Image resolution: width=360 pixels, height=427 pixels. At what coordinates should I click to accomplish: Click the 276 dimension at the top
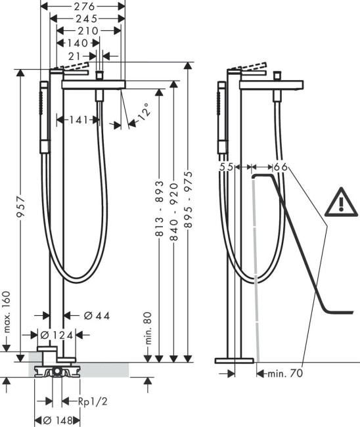[x=83, y=6]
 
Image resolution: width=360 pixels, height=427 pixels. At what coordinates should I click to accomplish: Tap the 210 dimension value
[x=87, y=31]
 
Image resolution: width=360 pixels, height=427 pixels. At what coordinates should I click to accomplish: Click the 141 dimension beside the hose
[x=79, y=120]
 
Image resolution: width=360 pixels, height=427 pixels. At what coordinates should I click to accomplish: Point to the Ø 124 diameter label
[x=56, y=336]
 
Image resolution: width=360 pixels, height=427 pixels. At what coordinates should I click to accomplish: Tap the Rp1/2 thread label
[x=91, y=401]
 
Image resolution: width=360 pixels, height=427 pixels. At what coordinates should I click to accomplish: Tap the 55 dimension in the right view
[x=227, y=168]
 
